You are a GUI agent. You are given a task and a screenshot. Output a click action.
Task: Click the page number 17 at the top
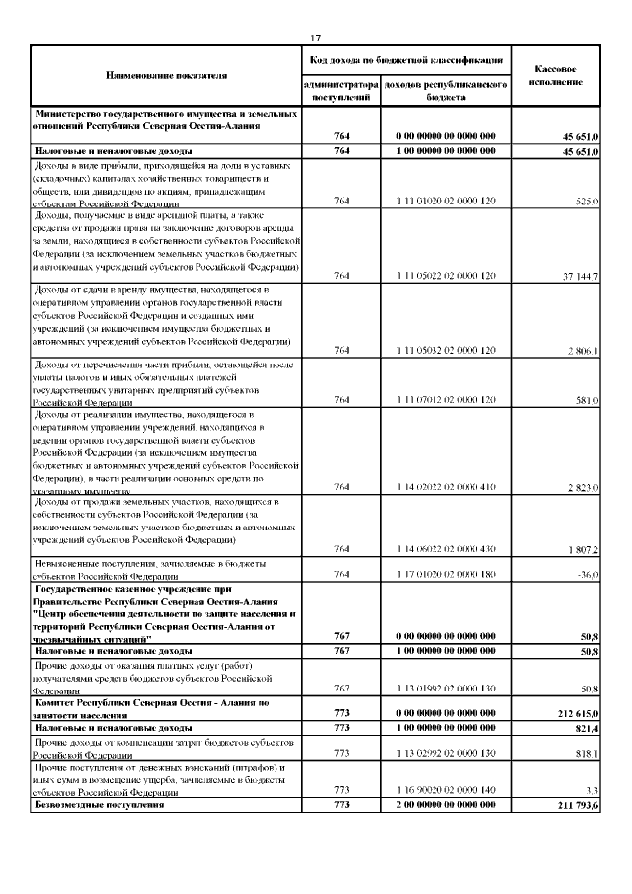(315, 38)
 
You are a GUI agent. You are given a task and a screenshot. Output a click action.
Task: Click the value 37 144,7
(574, 276)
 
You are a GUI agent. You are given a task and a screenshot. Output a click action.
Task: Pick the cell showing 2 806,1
(578, 350)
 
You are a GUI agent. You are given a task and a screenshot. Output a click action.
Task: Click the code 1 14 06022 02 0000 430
(445, 548)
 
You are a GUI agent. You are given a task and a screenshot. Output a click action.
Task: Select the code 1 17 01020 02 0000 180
(445, 574)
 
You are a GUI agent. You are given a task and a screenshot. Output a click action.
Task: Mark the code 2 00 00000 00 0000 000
(445, 808)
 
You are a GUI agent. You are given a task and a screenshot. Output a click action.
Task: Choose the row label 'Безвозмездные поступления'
(99, 808)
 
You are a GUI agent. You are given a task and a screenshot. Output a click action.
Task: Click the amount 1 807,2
(579, 548)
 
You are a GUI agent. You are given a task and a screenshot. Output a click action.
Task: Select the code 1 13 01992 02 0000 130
(445, 688)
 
